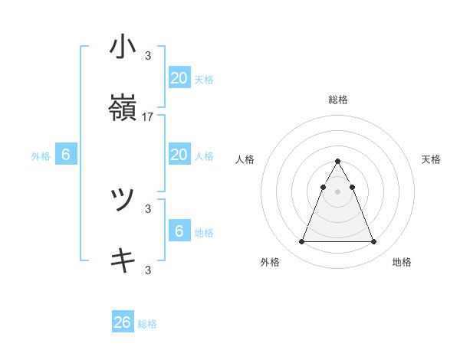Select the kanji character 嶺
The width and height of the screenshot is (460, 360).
123,110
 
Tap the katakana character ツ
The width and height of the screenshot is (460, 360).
123,200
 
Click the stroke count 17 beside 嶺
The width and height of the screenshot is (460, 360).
148,117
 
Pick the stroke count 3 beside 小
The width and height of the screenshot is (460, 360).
148,55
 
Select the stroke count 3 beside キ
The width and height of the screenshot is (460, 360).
148,270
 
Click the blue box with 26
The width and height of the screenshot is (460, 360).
123,322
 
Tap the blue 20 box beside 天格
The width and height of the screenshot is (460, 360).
179,77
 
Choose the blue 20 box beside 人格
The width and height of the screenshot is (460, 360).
179,155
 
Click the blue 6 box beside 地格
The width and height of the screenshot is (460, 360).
179,231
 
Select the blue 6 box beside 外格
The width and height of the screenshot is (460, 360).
65,155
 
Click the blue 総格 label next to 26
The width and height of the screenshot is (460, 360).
147,324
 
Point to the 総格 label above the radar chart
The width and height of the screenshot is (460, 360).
337,100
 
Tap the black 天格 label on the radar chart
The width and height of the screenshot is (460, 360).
432,159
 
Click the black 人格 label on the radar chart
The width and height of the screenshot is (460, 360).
245,159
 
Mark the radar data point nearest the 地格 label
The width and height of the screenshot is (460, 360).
373,242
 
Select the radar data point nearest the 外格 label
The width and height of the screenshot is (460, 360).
301,242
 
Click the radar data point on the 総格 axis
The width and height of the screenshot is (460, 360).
337,161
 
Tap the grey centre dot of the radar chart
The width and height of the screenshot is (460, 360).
337,191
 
